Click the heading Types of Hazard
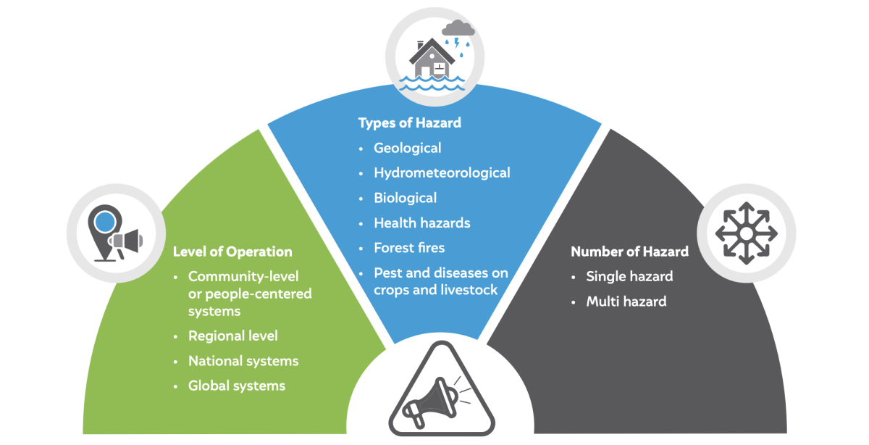[x=409, y=122]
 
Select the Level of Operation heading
[x=232, y=251]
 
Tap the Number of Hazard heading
[x=629, y=251]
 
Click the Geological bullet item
[x=407, y=148]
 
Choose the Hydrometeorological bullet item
[x=442, y=172]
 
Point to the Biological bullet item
[x=405, y=197]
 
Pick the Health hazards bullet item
[x=422, y=222]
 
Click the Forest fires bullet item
[x=409, y=247]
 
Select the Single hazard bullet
[x=629, y=276]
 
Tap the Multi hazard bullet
[x=626, y=301]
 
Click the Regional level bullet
[x=232, y=336]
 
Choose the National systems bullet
[x=243, y=360]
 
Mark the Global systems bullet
[x=237, y=386]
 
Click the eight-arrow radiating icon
[x=746, y=233]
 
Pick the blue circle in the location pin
[x=106, y=220]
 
